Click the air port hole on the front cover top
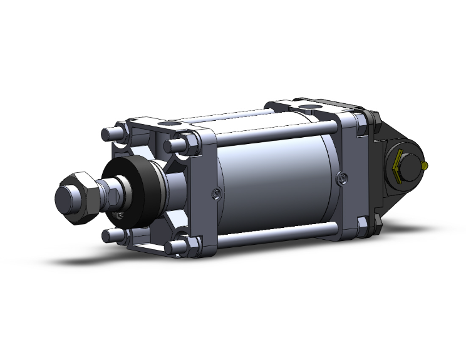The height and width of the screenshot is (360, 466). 169,126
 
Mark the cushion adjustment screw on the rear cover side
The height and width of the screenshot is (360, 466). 341,178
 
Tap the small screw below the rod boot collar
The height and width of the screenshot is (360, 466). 120,216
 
